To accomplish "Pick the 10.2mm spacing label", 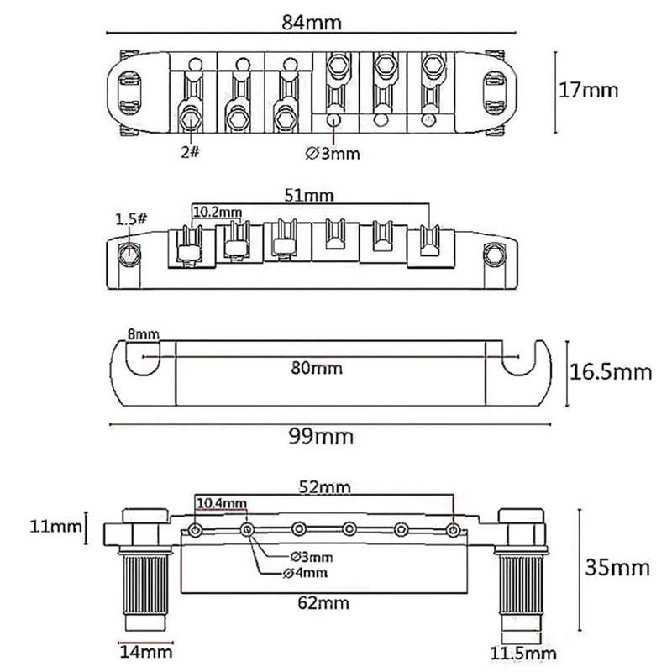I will [x=216, y=212].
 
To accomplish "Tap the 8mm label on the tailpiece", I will [x=142, y=334].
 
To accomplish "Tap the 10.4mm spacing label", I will [x=222, y=503].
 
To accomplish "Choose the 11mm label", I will [x=41, y=528].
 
